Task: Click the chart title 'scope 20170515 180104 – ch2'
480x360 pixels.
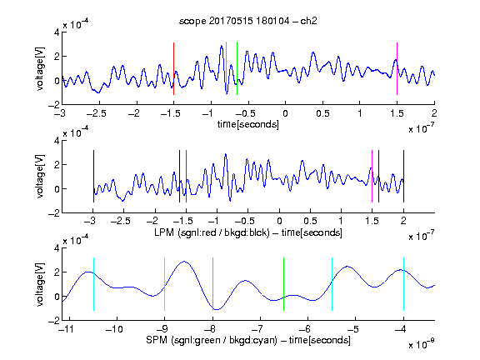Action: coord(248,21)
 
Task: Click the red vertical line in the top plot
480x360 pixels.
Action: coord(173,68)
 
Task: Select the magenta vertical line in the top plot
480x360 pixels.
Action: coord(397,68)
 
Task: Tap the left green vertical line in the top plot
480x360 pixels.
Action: coord(226,68)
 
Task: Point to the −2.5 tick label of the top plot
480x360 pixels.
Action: coord(97,113)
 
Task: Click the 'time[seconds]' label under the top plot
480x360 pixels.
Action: coord(248,124)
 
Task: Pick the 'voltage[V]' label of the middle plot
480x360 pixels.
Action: coord(40,177)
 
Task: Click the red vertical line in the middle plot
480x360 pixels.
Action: coord(186,176)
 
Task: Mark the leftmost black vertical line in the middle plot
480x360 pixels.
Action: coord(93,176)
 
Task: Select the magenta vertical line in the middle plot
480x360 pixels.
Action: coord(372,176)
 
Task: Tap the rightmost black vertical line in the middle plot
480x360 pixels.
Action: coord(403,176)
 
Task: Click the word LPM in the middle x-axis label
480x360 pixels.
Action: coord(164,232)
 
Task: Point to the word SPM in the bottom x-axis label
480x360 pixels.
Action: coord(157,340)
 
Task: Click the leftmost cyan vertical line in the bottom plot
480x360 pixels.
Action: coord(93,284)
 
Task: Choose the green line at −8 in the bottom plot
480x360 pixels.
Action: coord(212,284)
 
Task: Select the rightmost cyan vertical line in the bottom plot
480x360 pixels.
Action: coord(403,284)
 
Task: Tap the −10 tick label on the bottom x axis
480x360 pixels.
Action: coord(114,329)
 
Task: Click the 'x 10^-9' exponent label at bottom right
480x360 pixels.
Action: coord(422,344)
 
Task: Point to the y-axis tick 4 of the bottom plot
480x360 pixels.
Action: coord(57,247)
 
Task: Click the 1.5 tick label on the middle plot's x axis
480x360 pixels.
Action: coord(372,221)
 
